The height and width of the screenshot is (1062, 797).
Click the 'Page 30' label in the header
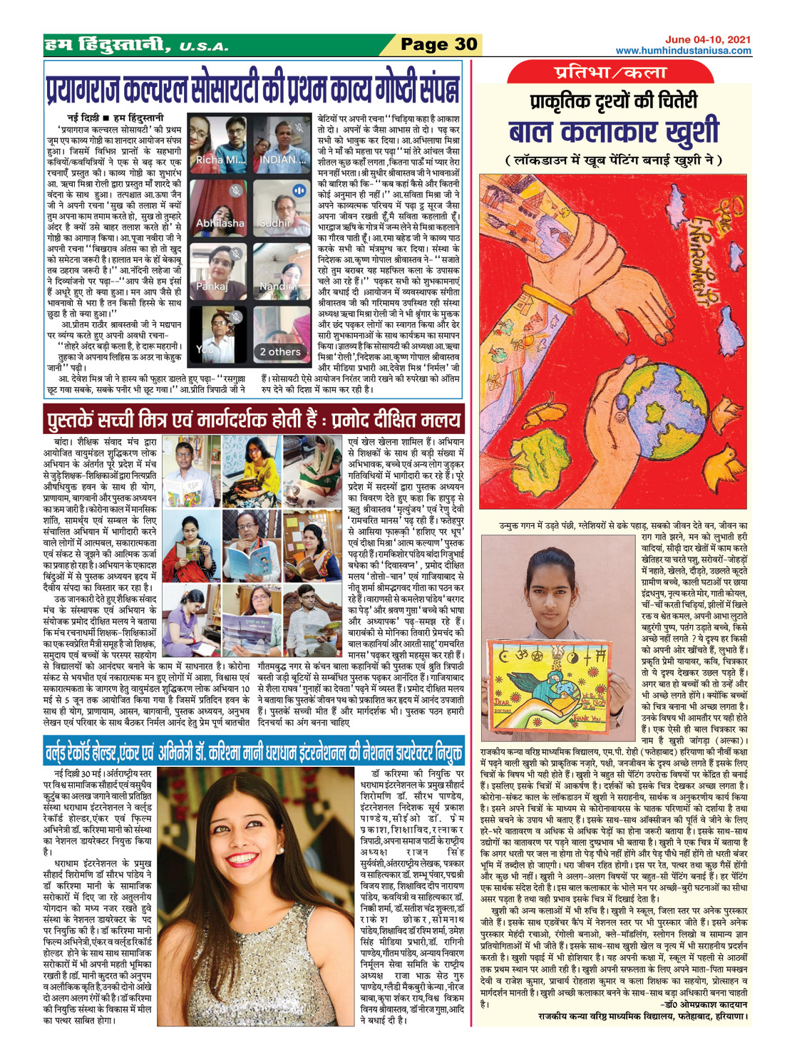pos(438,44)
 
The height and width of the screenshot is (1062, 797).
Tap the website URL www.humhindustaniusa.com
pos(683,51)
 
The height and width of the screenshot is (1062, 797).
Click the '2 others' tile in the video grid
pos(279,352)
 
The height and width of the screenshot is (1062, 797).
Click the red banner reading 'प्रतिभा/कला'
pos(610,73)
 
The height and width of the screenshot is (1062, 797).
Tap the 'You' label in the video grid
pos(204,350)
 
